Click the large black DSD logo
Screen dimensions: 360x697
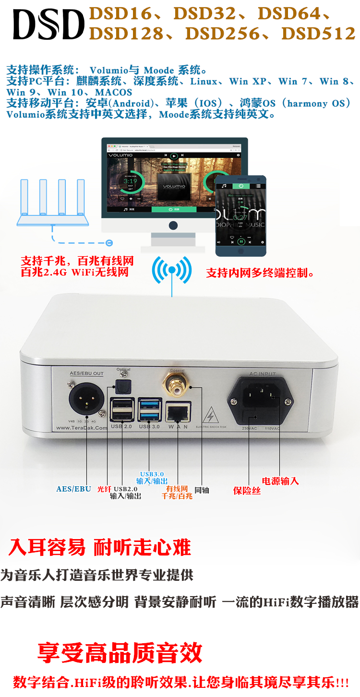tap(48, 25)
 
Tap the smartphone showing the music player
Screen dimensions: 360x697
tap(240, 216)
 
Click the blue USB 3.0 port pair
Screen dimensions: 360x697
tap(149, 409)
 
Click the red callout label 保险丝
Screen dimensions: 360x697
tap(247, 491)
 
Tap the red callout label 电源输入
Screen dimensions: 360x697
tap(280, 481)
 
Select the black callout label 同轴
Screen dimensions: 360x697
tap(202, 491)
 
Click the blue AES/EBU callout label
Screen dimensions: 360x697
tap(73, 489)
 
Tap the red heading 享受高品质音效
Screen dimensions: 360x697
tap(120, 653)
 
